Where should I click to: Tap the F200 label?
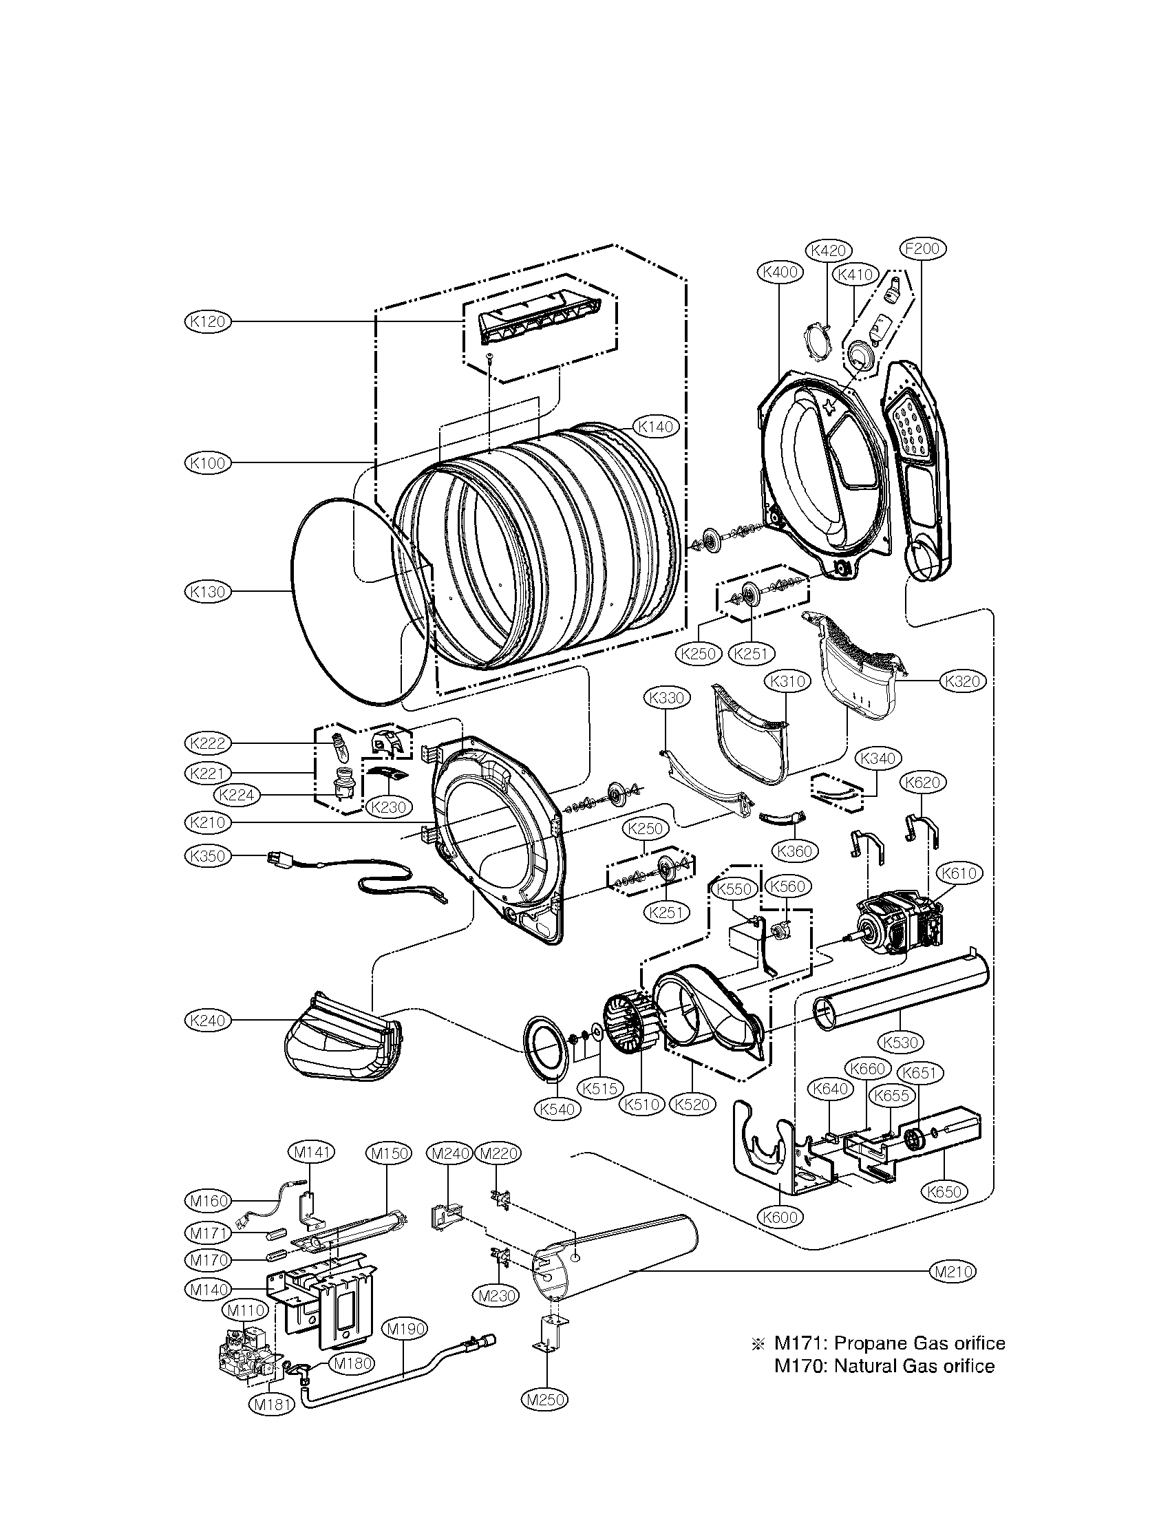(922, 249)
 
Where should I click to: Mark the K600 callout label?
(781, 1217)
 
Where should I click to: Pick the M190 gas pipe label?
(405, 1329)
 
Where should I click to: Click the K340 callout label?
(878, 758)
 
